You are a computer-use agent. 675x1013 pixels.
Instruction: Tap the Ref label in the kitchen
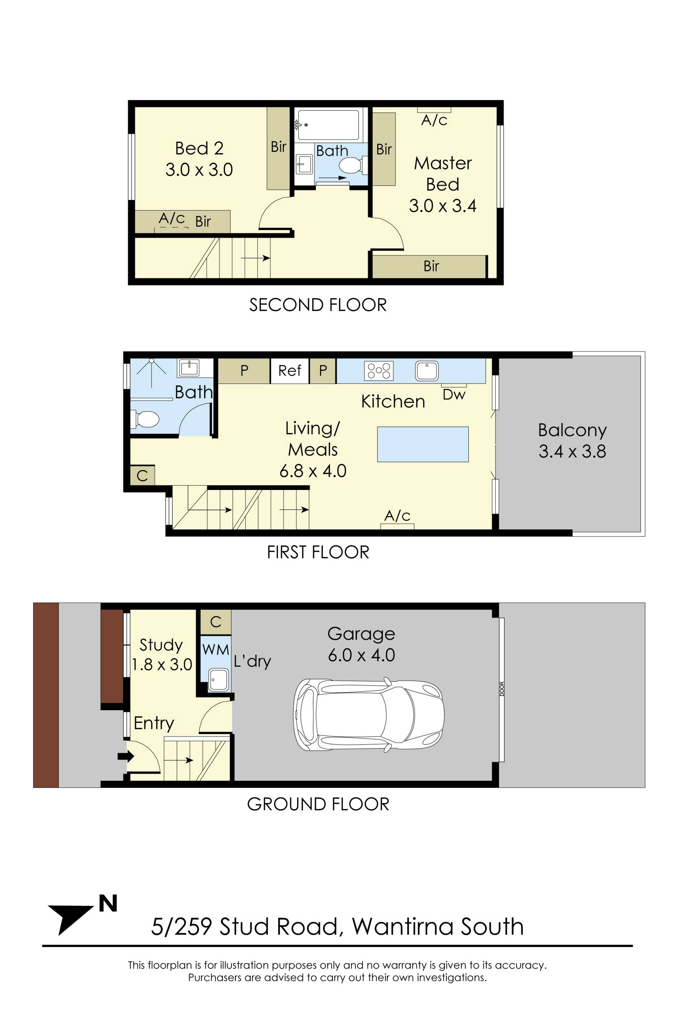coord(290,370)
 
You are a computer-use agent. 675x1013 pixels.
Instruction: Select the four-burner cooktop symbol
coord(379,371)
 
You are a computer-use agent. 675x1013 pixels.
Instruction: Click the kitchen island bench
coord(423,444)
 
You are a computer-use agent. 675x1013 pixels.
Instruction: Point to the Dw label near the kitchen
coord(454,394)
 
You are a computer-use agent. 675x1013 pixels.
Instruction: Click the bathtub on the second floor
coord(328,125)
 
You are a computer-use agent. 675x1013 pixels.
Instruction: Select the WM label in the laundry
coord(216,649)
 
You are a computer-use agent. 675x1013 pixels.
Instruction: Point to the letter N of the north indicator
coord(108,904)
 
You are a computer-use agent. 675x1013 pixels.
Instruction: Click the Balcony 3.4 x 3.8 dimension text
coord(572,441)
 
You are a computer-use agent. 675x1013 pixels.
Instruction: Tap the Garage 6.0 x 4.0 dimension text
coord(361,644)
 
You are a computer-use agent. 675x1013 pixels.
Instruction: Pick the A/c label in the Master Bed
coord(434,120)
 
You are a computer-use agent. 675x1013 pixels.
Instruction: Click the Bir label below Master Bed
coord(431,266)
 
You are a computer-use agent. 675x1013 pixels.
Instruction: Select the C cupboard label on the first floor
coord(142,475)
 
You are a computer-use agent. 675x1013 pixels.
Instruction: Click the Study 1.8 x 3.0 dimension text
coord(161,655)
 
